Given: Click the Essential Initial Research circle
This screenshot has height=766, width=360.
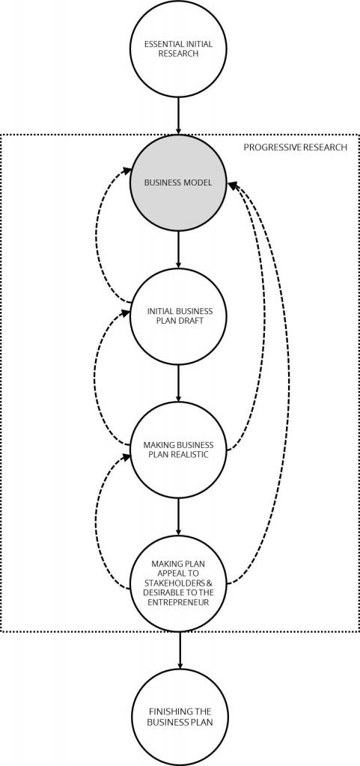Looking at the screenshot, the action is point(178,49).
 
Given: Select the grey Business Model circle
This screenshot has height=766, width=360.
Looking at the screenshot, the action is point(178,183).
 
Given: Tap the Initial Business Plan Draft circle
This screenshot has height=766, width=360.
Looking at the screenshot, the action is point(178,316).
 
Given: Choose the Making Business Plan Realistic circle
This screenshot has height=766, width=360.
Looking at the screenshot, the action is point(178,450).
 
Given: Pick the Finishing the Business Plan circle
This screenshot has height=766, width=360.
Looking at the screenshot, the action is point(180,717).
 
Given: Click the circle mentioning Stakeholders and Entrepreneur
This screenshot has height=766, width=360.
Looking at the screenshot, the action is point(179,583).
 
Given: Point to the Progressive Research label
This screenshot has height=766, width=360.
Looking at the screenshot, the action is point(296,147).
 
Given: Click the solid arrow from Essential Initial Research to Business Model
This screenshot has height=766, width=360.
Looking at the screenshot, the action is point(178,116).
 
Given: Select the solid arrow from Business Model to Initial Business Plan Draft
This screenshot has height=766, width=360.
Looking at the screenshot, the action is point(178,250).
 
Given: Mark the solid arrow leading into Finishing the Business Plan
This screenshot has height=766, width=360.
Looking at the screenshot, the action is point(180,650).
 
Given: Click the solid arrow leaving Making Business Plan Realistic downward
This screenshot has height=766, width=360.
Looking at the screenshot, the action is point(178,516).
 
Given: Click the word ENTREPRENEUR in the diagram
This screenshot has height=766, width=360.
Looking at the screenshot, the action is point(178,602).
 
